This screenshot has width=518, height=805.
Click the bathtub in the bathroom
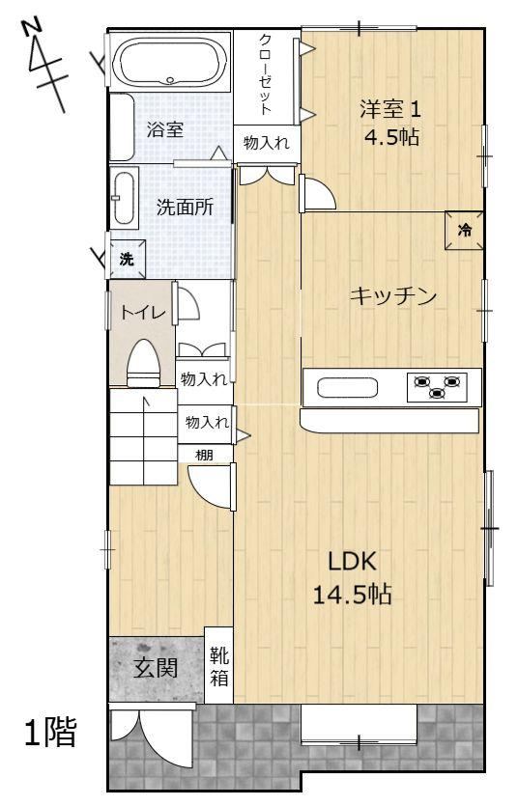coord(171,62)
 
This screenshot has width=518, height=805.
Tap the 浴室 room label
coord(165,129)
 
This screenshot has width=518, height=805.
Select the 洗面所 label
coord(185,208)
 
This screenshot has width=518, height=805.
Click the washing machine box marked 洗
coord(127,260)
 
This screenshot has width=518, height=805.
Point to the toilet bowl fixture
coord(144,363)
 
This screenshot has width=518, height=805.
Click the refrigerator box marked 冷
coord(464,230)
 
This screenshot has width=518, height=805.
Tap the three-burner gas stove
coord(438,387)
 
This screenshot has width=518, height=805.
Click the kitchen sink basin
coord(348,387)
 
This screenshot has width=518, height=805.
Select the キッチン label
coord(393,296)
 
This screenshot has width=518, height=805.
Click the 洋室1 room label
coord(390,109)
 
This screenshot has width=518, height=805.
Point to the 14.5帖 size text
coord(352,595)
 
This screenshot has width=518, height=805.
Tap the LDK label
coord(353,562)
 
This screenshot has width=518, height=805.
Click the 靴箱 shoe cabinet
coord(219,665)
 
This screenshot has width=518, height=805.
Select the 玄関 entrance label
coord(156,669)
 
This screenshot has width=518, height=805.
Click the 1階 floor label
coord(51,732)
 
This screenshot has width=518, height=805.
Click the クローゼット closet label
coord(266,74)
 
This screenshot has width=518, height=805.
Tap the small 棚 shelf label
coord(204,455)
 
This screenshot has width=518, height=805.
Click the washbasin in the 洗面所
coord(124,198)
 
